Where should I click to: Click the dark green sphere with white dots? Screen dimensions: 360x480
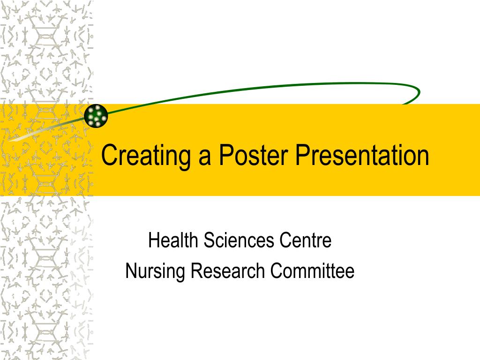point(97,115)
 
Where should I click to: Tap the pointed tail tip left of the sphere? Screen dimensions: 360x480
point(9,139)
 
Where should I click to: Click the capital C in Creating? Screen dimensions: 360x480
point(109,156)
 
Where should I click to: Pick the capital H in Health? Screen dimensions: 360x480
point(153,241)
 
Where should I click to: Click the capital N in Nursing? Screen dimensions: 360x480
point(130,271)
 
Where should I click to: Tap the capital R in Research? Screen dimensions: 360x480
point(195,271)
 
